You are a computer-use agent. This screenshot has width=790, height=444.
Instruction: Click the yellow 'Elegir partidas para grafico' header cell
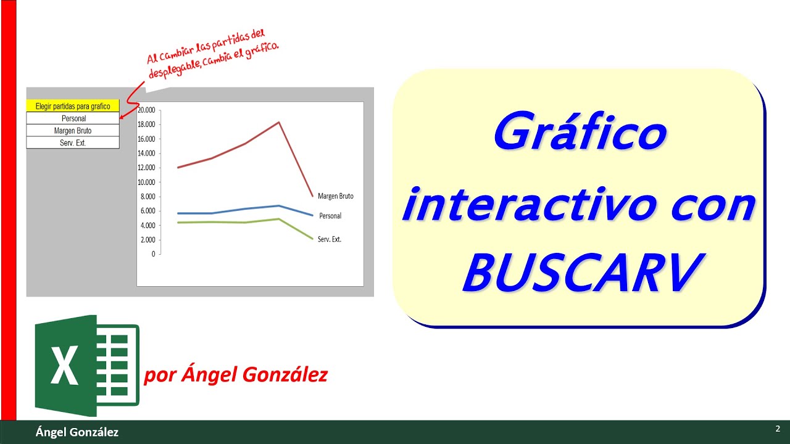pyautogui.click(x=73, y=106)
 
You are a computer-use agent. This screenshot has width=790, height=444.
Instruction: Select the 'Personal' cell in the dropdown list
pyautogui.click(x=73, y=118)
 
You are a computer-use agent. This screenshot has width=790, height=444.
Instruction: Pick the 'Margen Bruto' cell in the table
pyautogui.click(x=73, y=131)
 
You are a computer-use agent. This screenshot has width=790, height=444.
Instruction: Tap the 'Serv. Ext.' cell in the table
pyautogui.click(x=73, y=143)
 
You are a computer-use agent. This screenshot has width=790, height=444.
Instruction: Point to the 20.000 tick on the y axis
pyautogui.click(x=147, y=110)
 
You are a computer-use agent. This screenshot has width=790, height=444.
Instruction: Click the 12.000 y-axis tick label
pyautogui.click(x=147, y=168)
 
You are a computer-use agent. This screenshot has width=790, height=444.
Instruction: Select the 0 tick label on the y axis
pyautogui.click(x=152, y=254)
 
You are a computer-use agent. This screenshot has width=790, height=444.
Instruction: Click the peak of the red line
pyautogui.click(x=279, y=122)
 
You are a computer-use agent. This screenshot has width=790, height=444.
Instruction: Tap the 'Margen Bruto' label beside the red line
pyautogui.click(x=336, y=196)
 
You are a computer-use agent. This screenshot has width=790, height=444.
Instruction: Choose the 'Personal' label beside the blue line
pyautogui.click(x=330, y=216)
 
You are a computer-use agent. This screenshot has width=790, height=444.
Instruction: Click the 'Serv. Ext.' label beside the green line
pyautogui.click(x=330, y=239)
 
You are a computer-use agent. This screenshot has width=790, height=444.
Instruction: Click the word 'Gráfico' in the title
pyautogui.click(x=580, y=134)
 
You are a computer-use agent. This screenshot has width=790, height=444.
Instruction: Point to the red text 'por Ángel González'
pyautogui.click(x=236, y=374)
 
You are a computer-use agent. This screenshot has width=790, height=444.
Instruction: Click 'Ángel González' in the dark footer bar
pyautogui.click(x=77, y=432)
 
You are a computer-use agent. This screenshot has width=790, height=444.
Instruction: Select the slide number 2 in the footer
pyautogui.click(x=778, y=429)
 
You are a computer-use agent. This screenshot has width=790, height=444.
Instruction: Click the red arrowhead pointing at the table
pyautogui.click(x=122, y=116)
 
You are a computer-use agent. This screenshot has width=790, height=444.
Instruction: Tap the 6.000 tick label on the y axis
pyautogui.click(x=147, y=211)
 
